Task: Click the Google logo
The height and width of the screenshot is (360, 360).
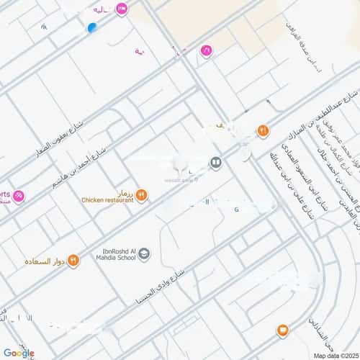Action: (x=18, y=353)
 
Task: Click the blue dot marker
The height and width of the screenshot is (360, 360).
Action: (x=91, y=28)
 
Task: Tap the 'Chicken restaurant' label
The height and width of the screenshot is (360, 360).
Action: (x=107, y=200)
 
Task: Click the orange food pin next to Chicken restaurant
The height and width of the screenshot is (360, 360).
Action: (x=142, y=194)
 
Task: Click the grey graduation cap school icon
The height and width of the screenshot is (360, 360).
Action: (x=144, y=253)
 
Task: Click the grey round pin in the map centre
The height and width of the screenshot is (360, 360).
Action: (x=215, y=163)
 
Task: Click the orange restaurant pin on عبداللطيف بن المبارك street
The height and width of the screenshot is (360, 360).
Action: (x=263, y=131)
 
